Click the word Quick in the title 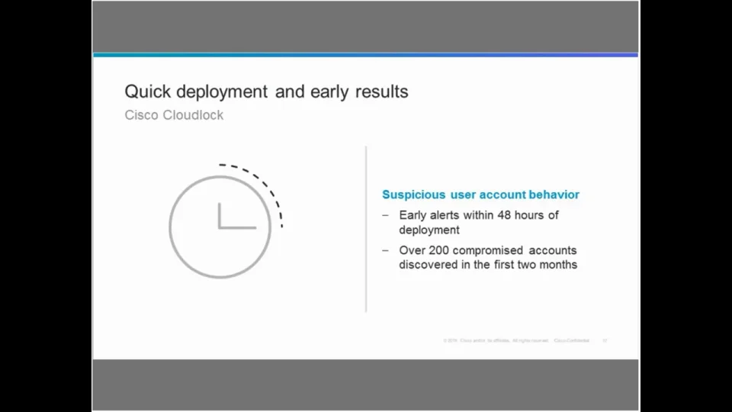click(147, 92)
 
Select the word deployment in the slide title click(222, 92)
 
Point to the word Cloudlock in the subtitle click(193, 115)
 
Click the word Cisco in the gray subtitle click(142, 115)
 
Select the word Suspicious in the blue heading click(413, 195)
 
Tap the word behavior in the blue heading click(553, 195)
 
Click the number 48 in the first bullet click(504, 215)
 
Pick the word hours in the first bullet click(531, 215)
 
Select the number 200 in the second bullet click(438, 250)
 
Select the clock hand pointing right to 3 click(239, 227)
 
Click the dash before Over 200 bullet click(386, 250)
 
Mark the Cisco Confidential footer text click(572, 340)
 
